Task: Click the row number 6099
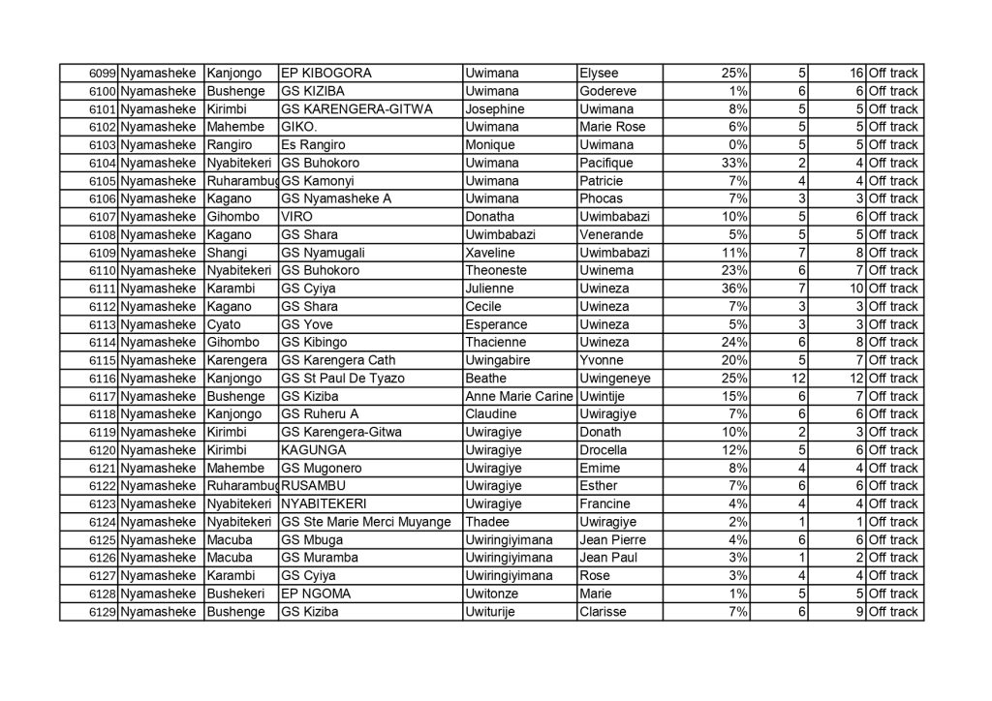103,74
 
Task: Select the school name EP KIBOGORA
325,74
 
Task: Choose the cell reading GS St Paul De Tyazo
342,379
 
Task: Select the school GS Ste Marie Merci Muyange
365,522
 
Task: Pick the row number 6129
103,612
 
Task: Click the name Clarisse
603,612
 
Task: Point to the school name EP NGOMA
315,594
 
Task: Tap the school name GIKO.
298,127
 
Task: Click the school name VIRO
296,217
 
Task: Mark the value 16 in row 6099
856,74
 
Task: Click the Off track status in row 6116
893,379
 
